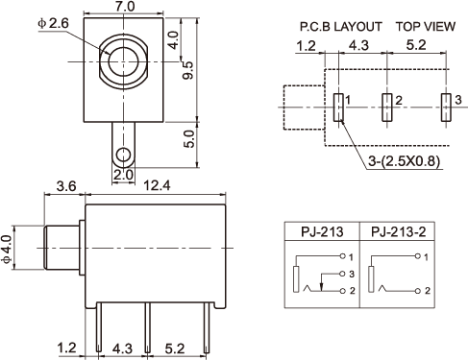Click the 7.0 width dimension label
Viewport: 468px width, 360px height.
coord(125,7)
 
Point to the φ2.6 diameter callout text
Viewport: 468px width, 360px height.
coord(53,23)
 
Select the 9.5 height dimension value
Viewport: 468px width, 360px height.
coord(188,70)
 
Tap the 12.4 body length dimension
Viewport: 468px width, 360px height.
coord(157,185)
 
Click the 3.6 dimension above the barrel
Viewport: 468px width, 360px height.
coord(66,186)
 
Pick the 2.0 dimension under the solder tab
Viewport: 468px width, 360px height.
coord(123,175)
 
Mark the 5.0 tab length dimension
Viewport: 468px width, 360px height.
coord(189,138)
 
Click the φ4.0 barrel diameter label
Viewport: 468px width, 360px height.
coord(7,249)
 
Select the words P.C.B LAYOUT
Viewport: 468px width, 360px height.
coord(341,27)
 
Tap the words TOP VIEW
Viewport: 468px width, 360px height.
coord(426,27)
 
